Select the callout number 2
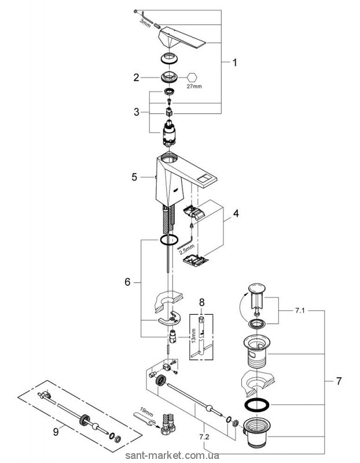tap(137, 76)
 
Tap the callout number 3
tap(137, 112)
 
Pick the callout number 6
tap(128, 282)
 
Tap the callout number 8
tap(201, 302)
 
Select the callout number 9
tap(56, 430)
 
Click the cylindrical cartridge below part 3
tap(171, 136)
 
